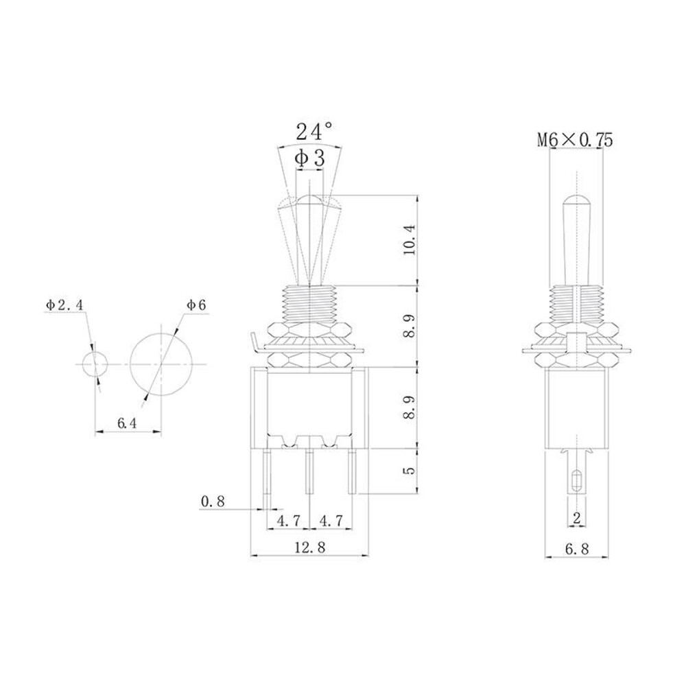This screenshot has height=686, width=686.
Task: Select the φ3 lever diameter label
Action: point(309,158)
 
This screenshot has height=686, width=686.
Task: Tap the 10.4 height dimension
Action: point(410,239)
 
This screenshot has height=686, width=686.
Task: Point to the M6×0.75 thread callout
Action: point(575,140)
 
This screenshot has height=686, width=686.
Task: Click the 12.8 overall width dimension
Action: point(309,547)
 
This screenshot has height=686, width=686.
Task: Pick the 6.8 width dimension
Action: point(576,549)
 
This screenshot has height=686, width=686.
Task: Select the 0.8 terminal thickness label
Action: point(213,501)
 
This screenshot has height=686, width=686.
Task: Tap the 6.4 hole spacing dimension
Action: point(127,423)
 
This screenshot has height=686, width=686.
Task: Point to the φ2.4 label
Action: point(65,305)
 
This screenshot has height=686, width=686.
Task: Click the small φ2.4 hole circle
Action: point(94,364)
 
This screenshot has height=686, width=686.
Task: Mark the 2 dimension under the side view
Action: point(576,519)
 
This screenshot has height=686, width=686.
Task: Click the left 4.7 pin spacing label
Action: point(288,521)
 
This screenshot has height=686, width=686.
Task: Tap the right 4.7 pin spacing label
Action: point(332,521)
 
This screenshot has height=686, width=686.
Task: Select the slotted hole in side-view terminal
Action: point(576,478)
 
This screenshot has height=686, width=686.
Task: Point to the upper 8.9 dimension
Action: point(410,325)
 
